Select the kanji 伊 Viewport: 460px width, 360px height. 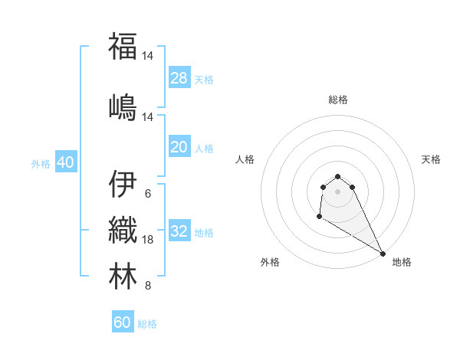tap(123, 184)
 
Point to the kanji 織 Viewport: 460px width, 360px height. tap(123, 230)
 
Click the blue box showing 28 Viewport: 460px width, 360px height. tap(179, 78)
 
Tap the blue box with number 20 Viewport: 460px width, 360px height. tap(179, 147)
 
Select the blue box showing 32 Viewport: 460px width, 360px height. tap(179, 231)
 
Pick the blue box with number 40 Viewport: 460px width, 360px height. tap(65, 162)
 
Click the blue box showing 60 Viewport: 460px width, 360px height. tap(123, 322)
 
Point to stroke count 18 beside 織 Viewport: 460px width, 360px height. tap(149, 240)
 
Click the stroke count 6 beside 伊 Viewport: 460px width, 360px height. tap(147, 193)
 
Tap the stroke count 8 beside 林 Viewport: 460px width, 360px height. tap(147, 286)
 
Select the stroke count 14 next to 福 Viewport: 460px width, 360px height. tap(149, 55)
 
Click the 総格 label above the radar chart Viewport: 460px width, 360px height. tap(338, 100)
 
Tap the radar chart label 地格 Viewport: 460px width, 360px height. tap(402, 262)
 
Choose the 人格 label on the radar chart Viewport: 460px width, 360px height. tap(245, 159)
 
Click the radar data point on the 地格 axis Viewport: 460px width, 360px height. tap(382, 253)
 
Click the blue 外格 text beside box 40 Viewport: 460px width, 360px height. tap(41, 163)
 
